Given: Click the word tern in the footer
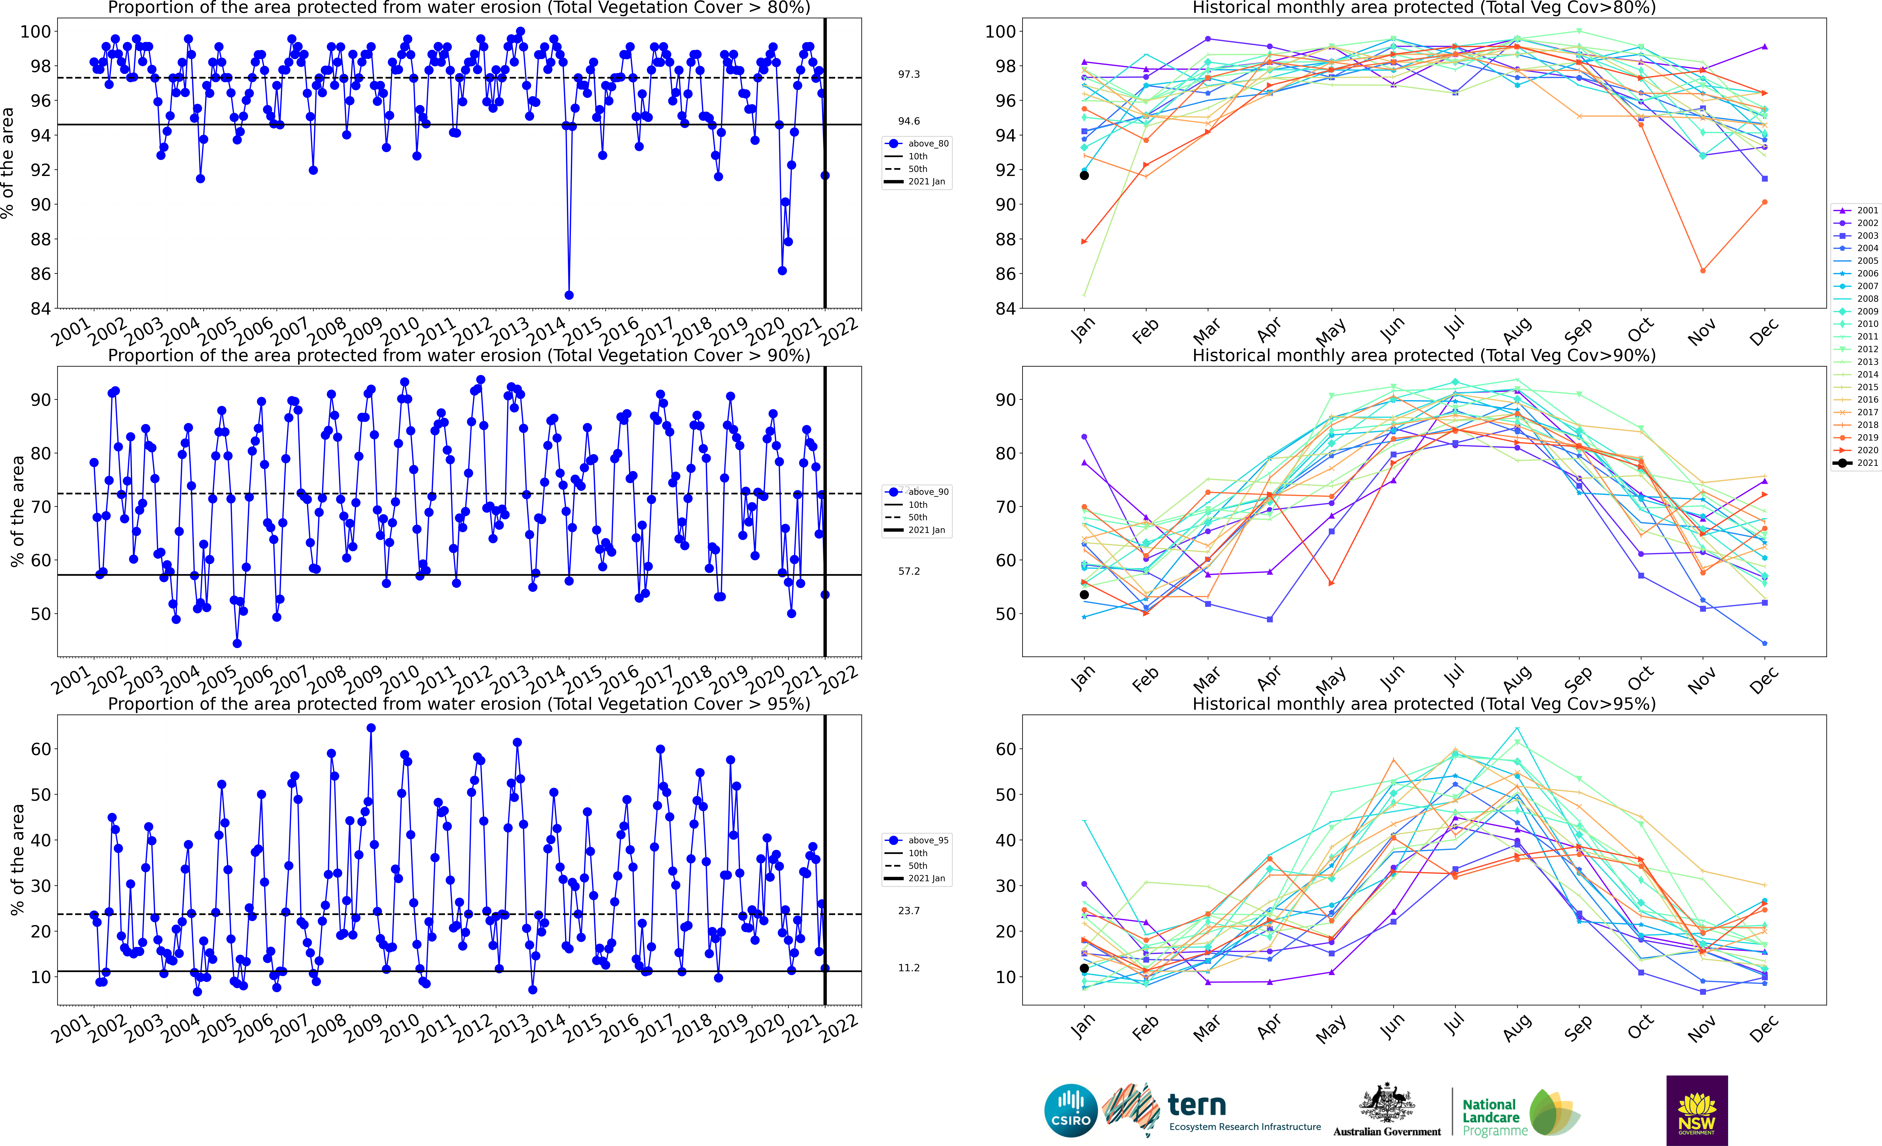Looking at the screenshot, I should tap(1197, 1105).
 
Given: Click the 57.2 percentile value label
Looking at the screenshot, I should tap(909, 571).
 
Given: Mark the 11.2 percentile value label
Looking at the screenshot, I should tap(909, 968).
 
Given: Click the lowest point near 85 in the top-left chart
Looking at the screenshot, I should tap(568, 295).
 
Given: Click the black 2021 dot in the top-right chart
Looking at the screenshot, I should tap(1084, 176).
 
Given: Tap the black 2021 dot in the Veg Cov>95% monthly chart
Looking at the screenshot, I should tap(1084, 968).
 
